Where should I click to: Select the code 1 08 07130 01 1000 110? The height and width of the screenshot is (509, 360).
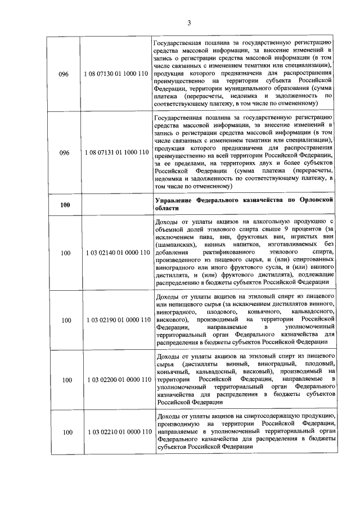117,74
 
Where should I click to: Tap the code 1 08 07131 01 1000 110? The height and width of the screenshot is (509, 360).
117,152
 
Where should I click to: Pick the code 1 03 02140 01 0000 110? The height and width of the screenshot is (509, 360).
117,253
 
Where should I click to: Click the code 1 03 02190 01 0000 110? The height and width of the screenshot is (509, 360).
117,319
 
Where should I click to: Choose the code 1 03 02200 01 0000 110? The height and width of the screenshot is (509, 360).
117,380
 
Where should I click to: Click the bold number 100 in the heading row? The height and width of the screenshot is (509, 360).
65,204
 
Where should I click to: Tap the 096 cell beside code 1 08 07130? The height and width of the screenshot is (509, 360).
64,74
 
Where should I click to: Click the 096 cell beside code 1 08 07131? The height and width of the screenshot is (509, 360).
64,152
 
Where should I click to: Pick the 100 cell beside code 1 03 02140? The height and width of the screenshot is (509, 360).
65,253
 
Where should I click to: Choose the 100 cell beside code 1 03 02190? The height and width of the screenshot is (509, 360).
65,319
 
